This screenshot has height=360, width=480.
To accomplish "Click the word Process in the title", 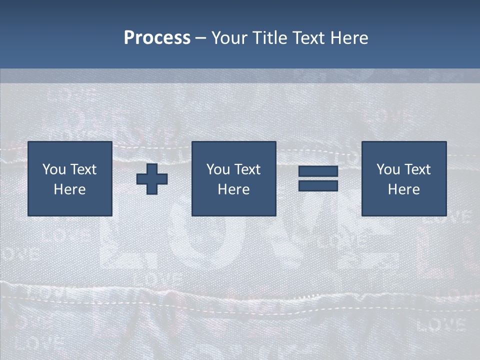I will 157,38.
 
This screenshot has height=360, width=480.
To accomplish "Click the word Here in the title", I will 350,38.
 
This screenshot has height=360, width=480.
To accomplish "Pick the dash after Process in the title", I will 200,38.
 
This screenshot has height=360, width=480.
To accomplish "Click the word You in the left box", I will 54,169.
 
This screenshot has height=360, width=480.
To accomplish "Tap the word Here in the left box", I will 69,189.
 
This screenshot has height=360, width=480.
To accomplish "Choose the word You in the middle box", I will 218,169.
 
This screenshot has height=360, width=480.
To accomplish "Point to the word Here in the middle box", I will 233,189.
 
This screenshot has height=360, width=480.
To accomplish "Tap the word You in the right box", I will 388,169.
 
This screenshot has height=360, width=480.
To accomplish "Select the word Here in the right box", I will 403,189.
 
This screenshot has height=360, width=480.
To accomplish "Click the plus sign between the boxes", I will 152,179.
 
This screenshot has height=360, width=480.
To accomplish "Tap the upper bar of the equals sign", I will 318,171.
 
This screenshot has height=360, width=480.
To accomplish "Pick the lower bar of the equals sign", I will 318,186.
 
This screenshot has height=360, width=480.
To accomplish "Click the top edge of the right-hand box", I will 403,142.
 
